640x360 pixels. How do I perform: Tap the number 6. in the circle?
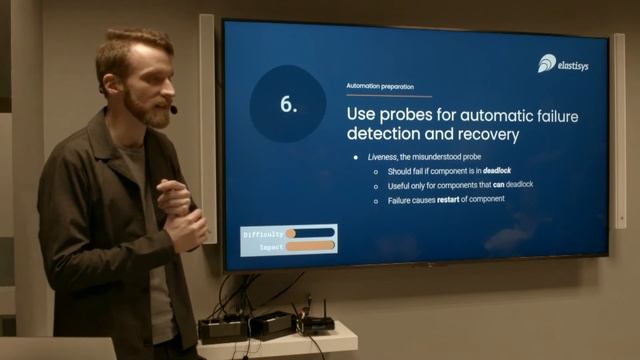point(288,104)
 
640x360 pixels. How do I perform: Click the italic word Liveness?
point(385,158)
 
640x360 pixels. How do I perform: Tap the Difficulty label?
point(262,234)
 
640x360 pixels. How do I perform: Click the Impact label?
point(270,246)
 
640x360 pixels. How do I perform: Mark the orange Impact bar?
point(310,246)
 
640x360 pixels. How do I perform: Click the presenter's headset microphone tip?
point(173,109)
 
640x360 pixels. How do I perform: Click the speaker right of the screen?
point(618,130)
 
